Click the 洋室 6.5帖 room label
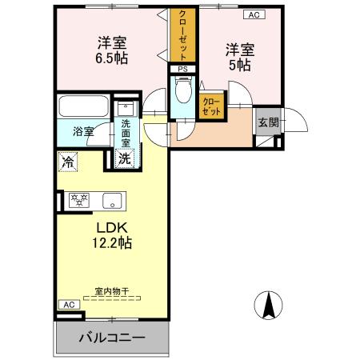tap(112, 50)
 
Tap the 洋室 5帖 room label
tap(239, 57)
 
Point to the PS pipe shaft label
tap(182, 70)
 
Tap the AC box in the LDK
tap(68, 305)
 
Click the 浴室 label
tap(84, 131)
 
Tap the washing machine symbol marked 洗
tap(126, 158)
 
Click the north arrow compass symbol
tap(271, 306)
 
